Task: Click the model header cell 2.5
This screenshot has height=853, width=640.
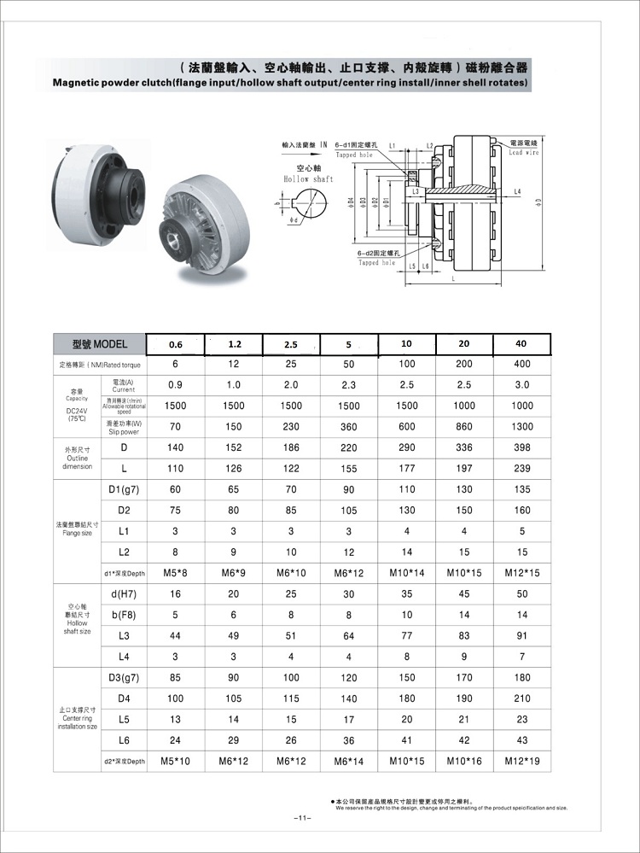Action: [292, 344]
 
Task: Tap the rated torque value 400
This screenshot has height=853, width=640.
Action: [521, 365]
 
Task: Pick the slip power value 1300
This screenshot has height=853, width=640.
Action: [521, 427]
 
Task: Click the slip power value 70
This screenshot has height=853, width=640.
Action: [176, 427]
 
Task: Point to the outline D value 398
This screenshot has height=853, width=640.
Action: [521, 447]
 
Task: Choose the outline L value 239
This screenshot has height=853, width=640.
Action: [521, 469]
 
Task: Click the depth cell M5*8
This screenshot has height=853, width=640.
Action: [176, 573]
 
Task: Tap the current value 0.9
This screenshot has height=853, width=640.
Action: [176, 385]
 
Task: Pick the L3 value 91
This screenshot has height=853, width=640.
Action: [521, 635]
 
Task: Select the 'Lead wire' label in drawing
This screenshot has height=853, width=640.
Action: [524, 152]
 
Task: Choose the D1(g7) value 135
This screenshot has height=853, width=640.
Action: [521, 489]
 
